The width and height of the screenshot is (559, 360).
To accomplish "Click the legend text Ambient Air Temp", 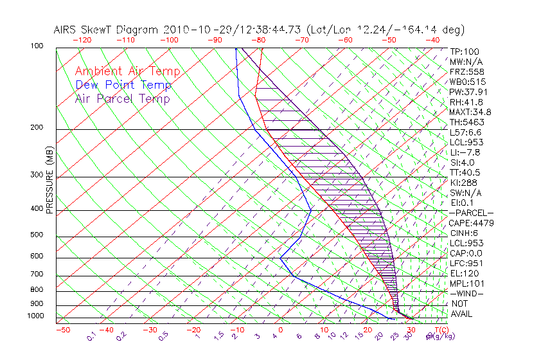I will click(x=127, y=71).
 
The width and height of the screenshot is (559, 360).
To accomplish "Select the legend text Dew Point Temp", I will click(x=123, y=85).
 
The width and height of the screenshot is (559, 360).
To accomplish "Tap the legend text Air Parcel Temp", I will click(x=123, y=98).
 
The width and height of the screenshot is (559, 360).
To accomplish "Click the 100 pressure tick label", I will click(x=37, y=46).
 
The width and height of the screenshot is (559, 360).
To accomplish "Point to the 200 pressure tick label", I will click(x=37, y=127).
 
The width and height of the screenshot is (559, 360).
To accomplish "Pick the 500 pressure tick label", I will click(x=37, y=235).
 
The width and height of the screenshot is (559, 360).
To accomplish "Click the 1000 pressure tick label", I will click(x=35, y=316).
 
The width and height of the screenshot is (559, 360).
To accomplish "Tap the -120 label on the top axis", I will click(x=82, y=40).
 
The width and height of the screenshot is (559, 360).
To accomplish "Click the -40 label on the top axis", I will click(x=432, y=40).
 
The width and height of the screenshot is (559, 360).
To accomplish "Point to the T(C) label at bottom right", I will click(x=439, y=330).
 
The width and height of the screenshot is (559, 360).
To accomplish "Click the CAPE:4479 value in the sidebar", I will click(x=470, y=223).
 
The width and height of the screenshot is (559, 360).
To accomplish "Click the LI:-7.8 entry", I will click(x=464, y=152).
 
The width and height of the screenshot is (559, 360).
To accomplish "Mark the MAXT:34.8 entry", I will click(x=470, y=112).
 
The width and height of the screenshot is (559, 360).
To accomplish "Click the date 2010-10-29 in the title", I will click(x=192, y=30).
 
